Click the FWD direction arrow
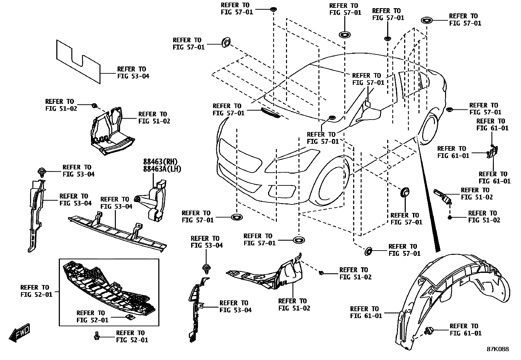pyautogui.click(x=20, y=333)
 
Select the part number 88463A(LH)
pyautogui.click(x=162, y=169)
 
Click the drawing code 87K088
pyautogui.click(x=497, y=349)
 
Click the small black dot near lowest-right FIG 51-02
pyautogui.click(x=450, y=217)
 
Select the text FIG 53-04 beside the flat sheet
pyautogui.click(x=133, y=76)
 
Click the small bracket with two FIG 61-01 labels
pyautogui.click(x=493, y=152)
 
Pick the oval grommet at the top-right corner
pyautogui.click(x=427, y=20)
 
